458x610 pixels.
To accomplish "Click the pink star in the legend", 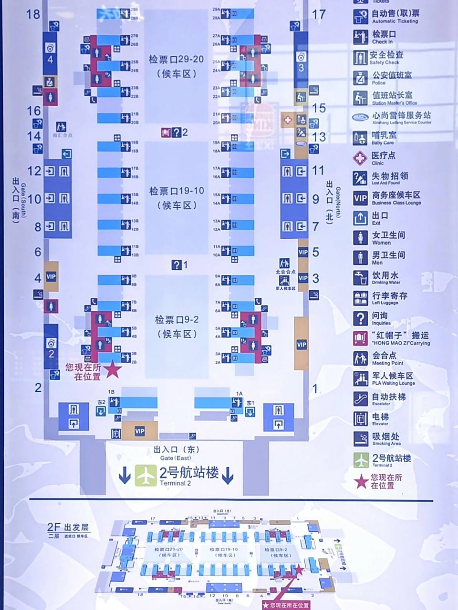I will (x=362, y=481).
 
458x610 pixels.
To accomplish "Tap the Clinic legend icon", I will (x=360, y=158).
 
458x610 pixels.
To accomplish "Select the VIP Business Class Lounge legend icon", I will (x=360, y=198).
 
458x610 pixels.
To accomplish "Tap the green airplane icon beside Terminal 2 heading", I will (x=145, y=475).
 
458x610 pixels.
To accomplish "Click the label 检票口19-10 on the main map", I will (x=177, y=191).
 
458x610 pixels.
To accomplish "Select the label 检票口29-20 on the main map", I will (x=176, y=60).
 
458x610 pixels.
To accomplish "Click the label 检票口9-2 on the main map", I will (x=177, y=320).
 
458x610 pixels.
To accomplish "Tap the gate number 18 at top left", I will (x=33, y=14).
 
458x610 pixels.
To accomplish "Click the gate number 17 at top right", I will (x=319, y=14).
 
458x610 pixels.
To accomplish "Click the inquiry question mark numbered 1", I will (x=177, y=264).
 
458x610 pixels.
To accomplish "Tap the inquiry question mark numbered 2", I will (x=176, y=132).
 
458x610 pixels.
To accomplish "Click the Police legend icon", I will (x=360, y=78).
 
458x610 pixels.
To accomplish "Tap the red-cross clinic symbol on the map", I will (x=287, y=120).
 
